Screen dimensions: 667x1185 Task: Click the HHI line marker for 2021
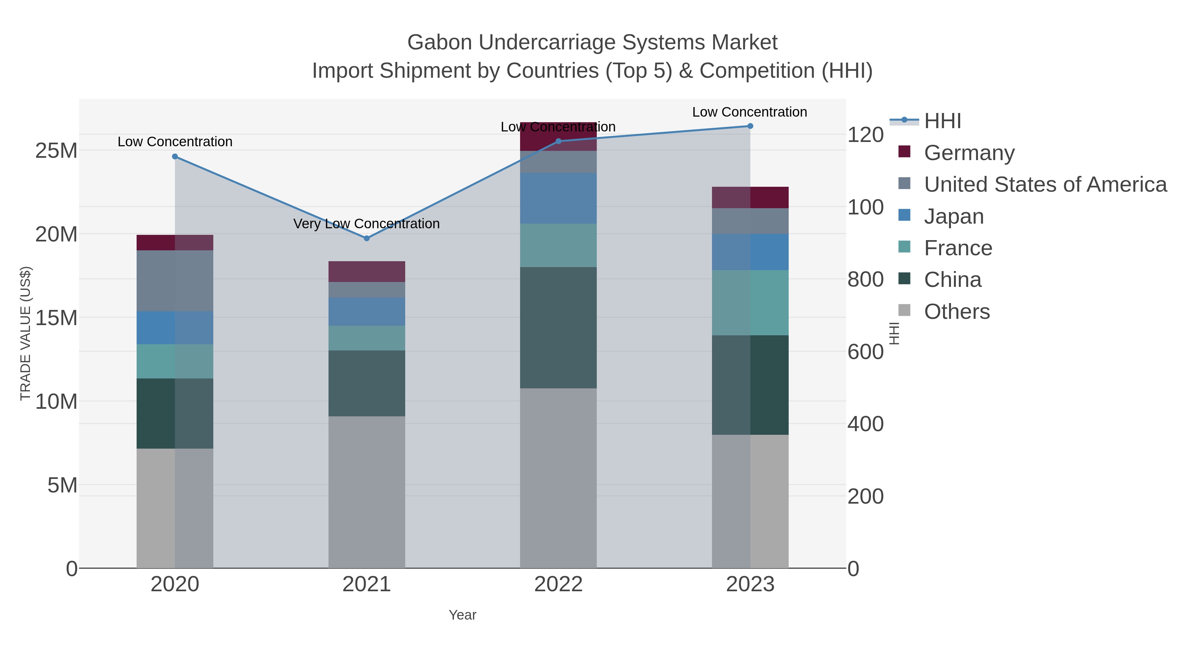pos(367,238)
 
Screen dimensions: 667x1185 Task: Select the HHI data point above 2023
pos(750,126)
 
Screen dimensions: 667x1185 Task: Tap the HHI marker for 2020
pos(175,156)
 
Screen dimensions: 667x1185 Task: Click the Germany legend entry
pos(969,153)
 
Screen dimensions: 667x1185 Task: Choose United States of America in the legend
pos(1045,184)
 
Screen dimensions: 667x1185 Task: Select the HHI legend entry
pos(942,121)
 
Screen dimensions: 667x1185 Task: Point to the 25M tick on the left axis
pos(56,151)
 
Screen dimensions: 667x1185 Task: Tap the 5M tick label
pos(62,485)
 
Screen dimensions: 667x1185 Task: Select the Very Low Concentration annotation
pos(367,224)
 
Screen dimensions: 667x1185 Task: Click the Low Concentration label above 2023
pos(750,112)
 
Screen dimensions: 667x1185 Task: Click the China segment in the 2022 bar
pos(559,327)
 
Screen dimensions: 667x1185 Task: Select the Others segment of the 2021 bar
pos(367,492)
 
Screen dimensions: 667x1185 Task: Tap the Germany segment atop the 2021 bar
pos(367,272)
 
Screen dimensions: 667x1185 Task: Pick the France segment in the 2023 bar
pos(750,302)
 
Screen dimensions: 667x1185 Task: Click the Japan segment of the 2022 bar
pos(559,198)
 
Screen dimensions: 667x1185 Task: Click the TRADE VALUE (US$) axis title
pos(26,333)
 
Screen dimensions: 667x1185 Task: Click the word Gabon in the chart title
pos(439,42)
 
